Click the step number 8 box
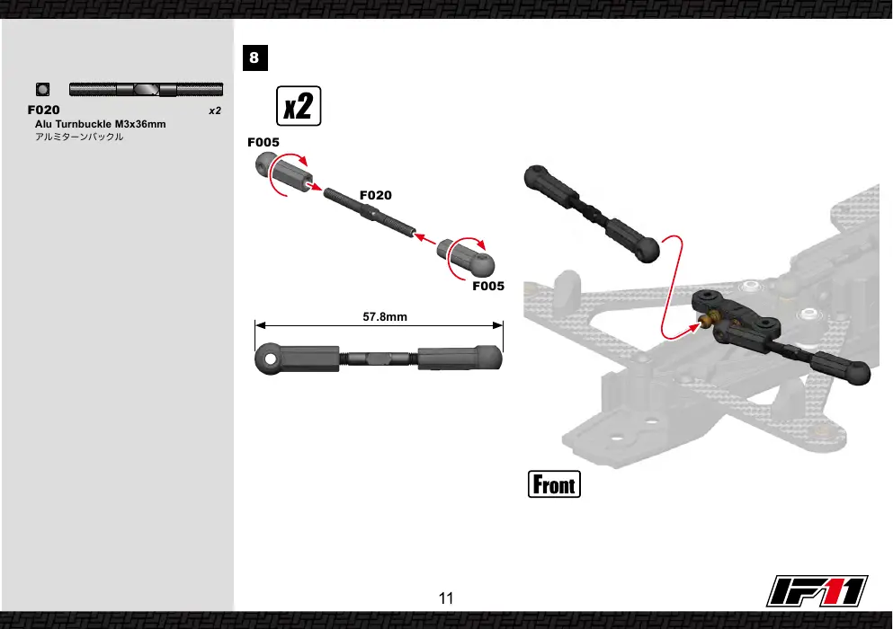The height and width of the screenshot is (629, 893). pyautogui.click(x=255, y=58)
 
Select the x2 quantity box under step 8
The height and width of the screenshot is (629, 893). pyautogui.click(x=299, y=106)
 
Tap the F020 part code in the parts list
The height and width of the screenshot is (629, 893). pyautogui.click(x=43, y=110)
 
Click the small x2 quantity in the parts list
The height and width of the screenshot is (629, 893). pyautogui.click(x=215, y=111)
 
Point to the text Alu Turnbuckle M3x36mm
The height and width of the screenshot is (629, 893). pyautogui.click(x=100, y=124)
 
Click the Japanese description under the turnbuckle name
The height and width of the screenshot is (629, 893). pyautogui.click(x=79, y=137)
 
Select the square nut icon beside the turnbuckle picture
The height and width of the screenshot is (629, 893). pyautogui.click(x=42, y=89)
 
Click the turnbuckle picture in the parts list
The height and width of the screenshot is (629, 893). pyautogui.click(x=146, y=89)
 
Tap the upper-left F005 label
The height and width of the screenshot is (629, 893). pyautogui.click(x=263, y=142)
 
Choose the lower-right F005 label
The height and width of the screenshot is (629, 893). pyautogui.click(x=488, y=287)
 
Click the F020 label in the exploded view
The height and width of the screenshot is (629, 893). pyautogui.click(x=375, y=195)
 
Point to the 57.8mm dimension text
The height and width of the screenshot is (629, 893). pyautogui.click(x=385, y=317)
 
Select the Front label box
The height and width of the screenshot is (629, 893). pyautogui.click(x=554, y=484)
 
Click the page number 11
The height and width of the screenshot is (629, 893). pyautogui.click(x=446, y=598)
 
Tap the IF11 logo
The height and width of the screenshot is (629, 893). pyautogui.click(x=817, y=591)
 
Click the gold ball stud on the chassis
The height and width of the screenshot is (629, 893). pyautogui.click(x=707, y=323)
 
